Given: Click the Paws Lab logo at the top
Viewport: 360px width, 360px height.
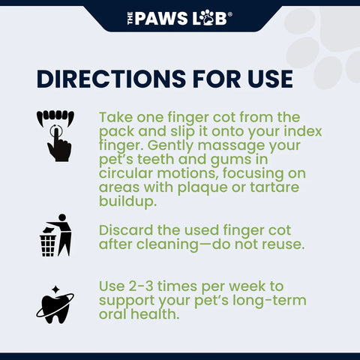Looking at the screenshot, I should click(179, 16).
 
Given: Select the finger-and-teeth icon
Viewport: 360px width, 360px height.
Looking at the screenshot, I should click(55, 134).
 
